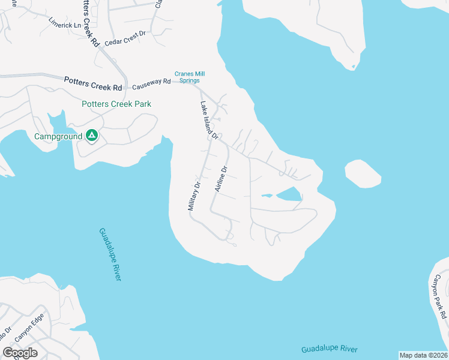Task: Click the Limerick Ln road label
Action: coord(64,23)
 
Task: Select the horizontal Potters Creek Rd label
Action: coord(93,83)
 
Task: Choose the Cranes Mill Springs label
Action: coord(187,77)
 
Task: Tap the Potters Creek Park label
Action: coord(116,104)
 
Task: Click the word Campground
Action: coord(57,136)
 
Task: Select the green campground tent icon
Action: coord(91,136)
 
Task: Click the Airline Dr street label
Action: coord(221,179)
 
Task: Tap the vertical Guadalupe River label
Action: coord(110,254)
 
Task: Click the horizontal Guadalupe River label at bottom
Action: coord(329,349)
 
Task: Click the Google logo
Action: coord(20,353)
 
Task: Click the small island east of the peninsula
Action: coord(363,173)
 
